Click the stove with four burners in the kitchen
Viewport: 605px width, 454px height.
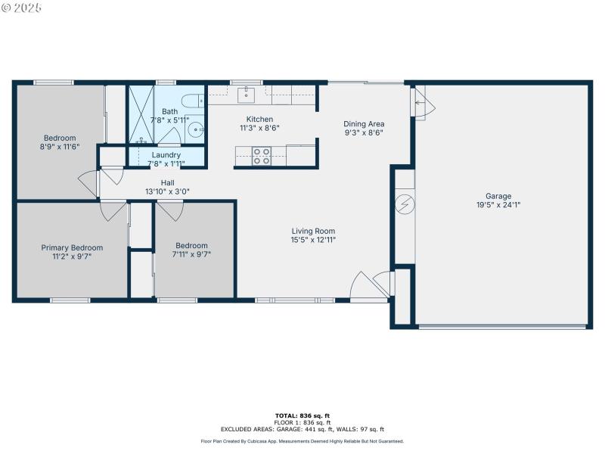click(x=262, y=155)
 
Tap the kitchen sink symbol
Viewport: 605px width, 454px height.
click(x=246, y=95)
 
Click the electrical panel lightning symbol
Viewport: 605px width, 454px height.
click(x=404, y=204)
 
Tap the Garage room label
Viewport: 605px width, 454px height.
click(x=498, y=196)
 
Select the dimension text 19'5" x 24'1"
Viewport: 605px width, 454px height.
click(x=498, y=204)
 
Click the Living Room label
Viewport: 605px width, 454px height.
click(x=313, y=232)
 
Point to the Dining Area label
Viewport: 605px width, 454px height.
click(x=364, y=124)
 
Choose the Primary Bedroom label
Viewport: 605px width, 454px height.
click(x=72, y=247)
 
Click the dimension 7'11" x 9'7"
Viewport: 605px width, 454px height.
click(x=191, y=254)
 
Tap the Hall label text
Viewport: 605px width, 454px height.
click(x=167, y=183)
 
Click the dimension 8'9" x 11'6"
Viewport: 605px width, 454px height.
click(x=60, y=146)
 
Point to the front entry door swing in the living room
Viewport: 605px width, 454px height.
click(x=364, y=285)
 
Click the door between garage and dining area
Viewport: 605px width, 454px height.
click(x=420, y=101)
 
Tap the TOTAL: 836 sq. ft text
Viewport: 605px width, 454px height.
click(x=302, y=415)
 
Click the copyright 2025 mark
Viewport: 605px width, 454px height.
click(x=22, y=7)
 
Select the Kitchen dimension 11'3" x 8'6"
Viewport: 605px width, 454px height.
click(x=259, y=128)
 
